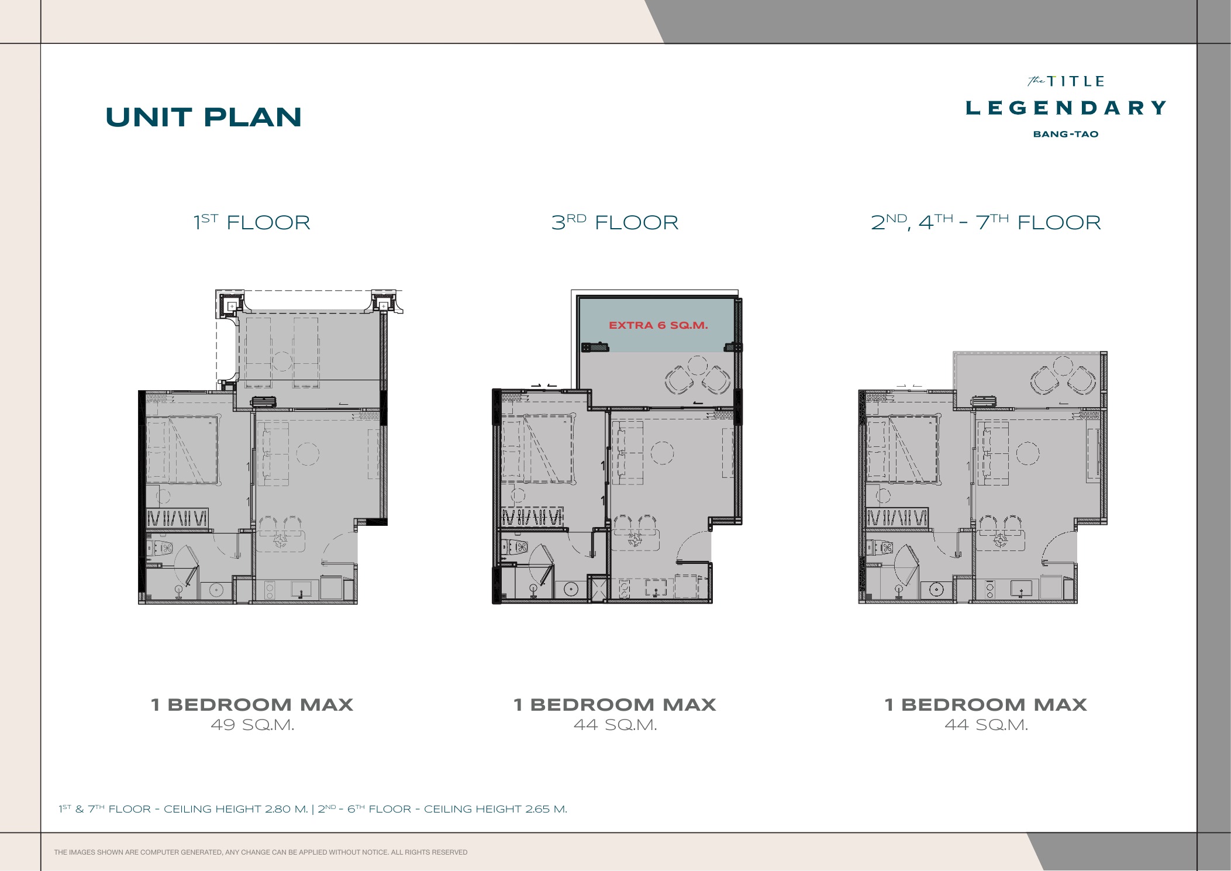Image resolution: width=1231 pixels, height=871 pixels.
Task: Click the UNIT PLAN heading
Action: (204, 117)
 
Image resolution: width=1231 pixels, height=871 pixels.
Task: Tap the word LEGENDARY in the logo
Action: (1066, 108)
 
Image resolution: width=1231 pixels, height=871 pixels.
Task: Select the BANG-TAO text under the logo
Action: (1066, 134)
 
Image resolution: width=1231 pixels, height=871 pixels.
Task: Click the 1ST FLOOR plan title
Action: (252, 222)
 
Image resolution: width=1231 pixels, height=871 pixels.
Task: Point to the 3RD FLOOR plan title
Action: (615, 222)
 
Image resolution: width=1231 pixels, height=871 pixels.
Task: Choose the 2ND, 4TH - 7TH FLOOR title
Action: (986, 222)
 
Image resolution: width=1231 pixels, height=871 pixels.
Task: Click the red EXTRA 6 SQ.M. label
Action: (658, 325)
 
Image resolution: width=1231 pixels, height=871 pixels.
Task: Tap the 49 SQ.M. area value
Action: (253, 725)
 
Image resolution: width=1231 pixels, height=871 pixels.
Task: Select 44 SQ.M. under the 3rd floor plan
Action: (615, 725)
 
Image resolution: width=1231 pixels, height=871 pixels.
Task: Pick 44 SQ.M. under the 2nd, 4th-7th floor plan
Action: (987, 725)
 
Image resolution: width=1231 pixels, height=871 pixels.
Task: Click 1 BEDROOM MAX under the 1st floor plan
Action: (252, 704)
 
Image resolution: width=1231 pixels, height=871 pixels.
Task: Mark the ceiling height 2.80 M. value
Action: (286, 809)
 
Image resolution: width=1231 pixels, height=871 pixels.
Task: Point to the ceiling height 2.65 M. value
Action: (546, 809)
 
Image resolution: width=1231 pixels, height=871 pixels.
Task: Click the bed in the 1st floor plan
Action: (182, 449)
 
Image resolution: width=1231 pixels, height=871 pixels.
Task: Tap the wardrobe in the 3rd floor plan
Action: (532, 517)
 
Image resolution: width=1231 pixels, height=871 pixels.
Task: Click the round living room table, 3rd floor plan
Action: (662, 453)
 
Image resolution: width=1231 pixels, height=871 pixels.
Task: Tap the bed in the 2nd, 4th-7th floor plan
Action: (902, 449)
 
